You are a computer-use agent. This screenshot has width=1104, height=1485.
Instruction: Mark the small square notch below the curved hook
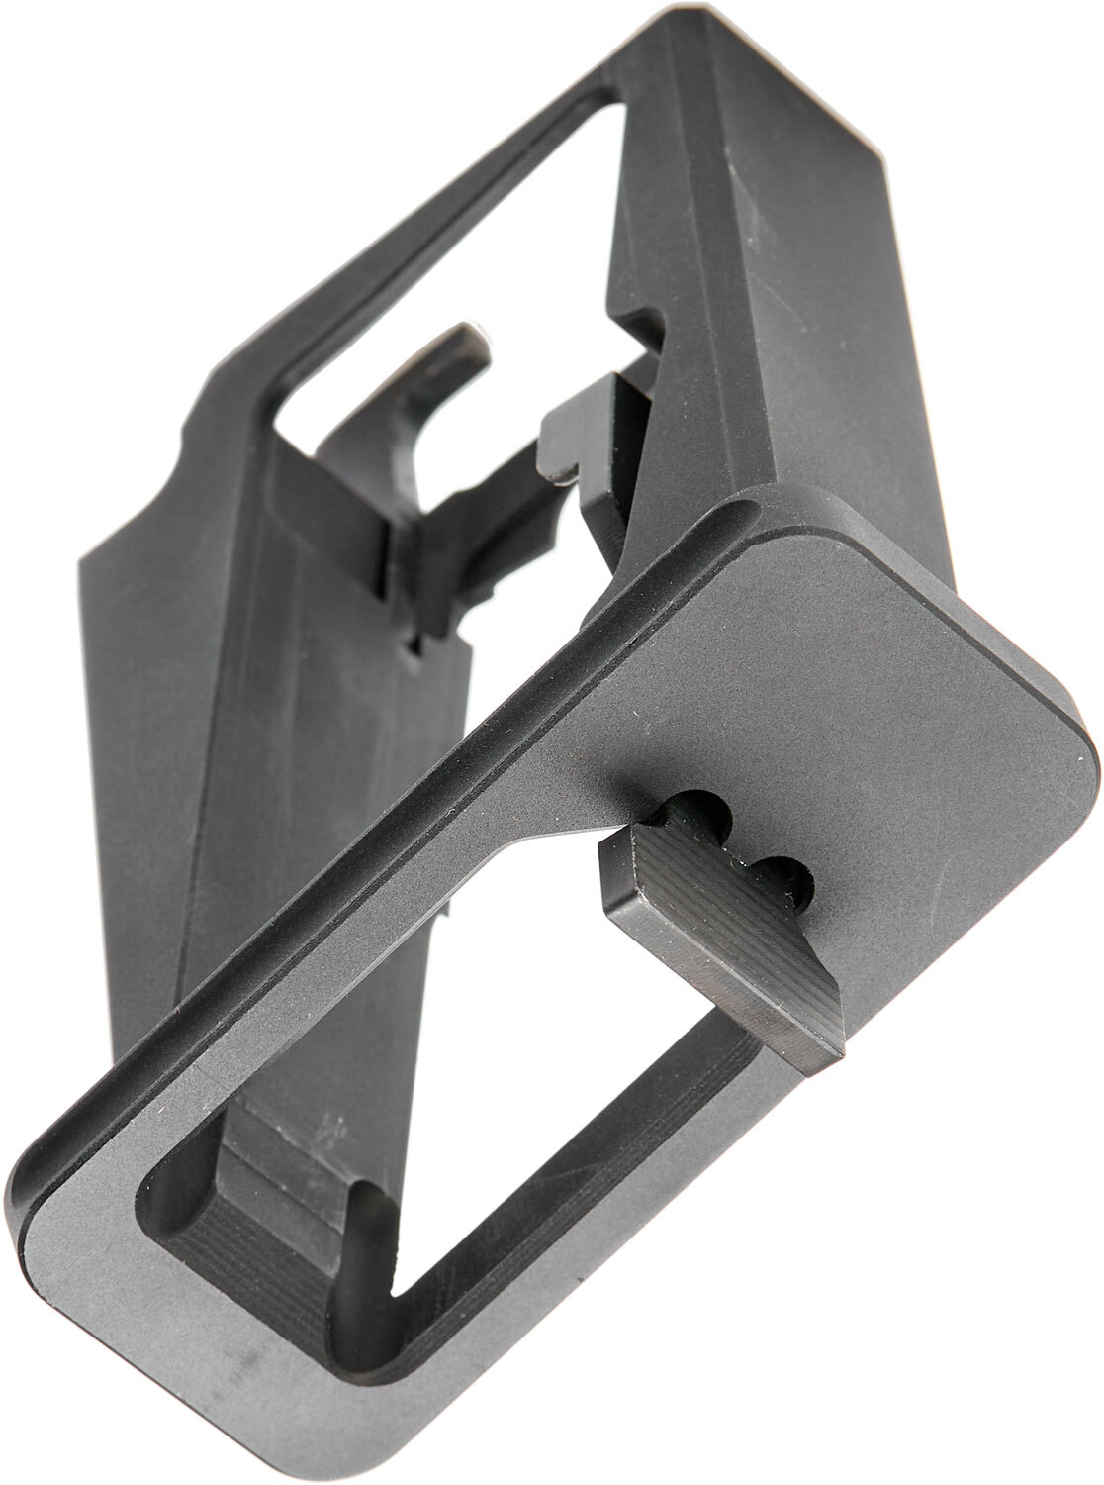415,648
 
